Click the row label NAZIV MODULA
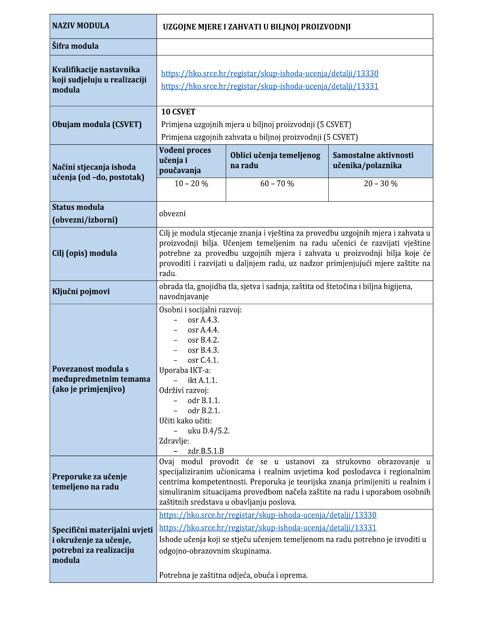pos(80,26)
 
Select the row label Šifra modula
pos(75,46)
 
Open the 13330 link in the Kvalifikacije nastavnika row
pos(269,74)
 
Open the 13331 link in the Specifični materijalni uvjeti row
pos(268,528)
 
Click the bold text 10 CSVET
pos(178,112)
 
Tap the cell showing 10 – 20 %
pos(191,184)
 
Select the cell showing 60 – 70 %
pos(277,184)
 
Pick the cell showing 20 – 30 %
pos(381,184)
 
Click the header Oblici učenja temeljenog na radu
pos(275,161)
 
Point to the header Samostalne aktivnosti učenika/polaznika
pos(373,161)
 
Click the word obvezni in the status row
pos(172,214)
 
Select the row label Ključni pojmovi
pos(81,292)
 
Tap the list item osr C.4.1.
pos(203,360)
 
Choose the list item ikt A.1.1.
pos(202,380)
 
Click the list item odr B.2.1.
pos(204,411)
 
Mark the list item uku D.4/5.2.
pos(208,431)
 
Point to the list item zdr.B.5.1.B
pos(206,451)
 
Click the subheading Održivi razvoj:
pos(184,390)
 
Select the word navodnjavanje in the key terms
pos(184,297)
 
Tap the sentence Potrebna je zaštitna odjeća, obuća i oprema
pos(233,575)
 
